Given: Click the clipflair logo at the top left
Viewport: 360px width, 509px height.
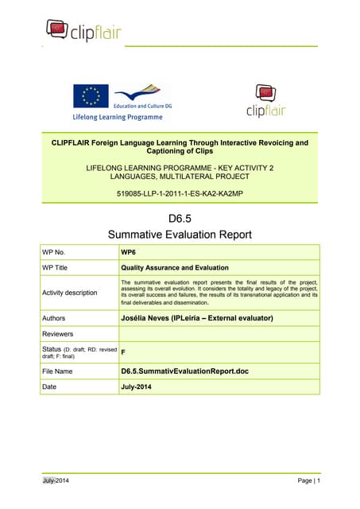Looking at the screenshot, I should tap(80, 30).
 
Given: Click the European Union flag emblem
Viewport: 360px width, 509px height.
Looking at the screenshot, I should tap(91, 97).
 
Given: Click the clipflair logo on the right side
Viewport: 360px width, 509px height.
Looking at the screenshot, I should tap(265, 100).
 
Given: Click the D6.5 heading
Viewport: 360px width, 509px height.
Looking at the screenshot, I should tap(179, 218).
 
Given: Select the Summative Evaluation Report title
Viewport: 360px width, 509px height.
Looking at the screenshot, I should tap(179, 235).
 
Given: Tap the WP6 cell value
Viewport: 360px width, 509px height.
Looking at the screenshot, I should tap(128, 252).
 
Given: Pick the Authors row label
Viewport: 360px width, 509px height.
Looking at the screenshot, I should tap(56, 318).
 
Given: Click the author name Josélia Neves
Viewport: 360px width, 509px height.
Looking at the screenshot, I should tap(196, 318).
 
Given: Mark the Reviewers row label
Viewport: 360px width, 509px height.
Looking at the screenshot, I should tap(61, 334).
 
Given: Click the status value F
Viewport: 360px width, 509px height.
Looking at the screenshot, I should tap(123, 352).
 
